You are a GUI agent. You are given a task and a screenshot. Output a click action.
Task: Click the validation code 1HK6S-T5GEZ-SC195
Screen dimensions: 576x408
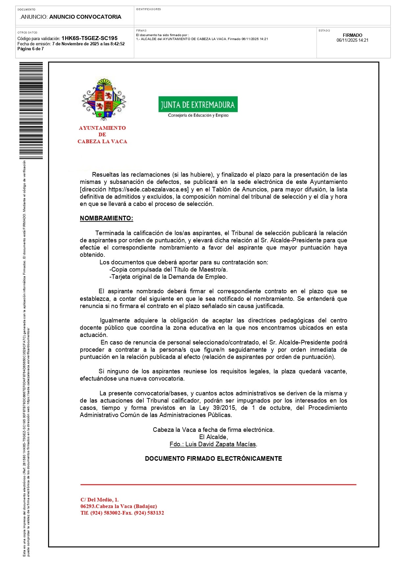pos(89,38)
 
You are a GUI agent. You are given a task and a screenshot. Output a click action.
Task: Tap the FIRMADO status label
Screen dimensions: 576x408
pos(352,35)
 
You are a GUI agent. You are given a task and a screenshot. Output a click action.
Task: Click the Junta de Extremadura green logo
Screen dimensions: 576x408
pos(198,104)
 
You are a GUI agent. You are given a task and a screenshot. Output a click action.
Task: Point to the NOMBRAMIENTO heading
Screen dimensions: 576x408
pos(107,218)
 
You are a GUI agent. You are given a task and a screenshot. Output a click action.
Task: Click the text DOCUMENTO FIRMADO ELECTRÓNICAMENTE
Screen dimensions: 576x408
pos(213,459)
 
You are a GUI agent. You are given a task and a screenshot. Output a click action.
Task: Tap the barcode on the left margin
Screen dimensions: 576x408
pos(31,110)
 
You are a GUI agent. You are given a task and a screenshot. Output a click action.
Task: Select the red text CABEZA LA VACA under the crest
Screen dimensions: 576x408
pos(102,142)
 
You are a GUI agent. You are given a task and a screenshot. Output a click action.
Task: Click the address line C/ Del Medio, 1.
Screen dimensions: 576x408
pos(100,500)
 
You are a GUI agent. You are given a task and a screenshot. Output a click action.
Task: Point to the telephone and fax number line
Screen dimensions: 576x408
pos(122,513)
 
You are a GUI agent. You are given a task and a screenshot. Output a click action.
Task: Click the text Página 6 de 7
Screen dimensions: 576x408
pos(31,49)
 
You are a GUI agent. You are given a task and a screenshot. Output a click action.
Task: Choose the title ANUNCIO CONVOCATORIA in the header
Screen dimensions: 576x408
pos(85,17)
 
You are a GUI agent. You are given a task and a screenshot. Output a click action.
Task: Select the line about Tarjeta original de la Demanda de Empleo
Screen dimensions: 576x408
pos(168,277)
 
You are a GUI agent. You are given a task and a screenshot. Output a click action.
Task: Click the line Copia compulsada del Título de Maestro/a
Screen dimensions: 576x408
pos(169,270)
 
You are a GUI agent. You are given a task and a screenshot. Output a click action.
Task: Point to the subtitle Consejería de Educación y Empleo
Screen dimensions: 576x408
pos(198,115)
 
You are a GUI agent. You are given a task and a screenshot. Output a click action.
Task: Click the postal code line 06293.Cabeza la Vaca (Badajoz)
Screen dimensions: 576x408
pos(119,506)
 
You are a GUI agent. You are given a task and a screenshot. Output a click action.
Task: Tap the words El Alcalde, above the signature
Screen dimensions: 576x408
pos(213,437)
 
